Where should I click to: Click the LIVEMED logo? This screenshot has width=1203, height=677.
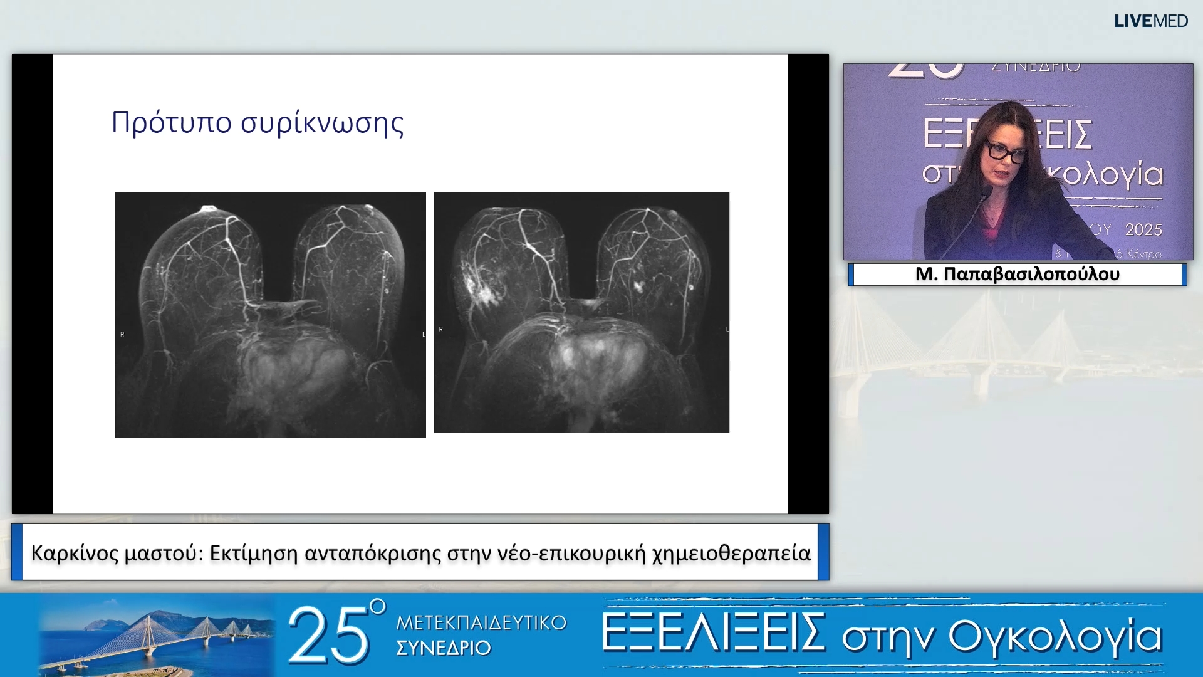click(x=1150, y=21)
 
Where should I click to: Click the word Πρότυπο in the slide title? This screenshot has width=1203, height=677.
click(x=171, y=123)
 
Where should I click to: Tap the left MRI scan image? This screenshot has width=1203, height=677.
click(x=270, y=315)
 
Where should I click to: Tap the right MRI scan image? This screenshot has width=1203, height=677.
click(x=581, y=312)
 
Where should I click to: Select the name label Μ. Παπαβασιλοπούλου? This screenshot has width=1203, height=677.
click(x=1017, y=275)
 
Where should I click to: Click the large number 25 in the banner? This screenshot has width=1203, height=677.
click(x=329, y=636)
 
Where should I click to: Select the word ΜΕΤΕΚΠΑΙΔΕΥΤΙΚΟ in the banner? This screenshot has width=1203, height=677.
click(x=481, y=623)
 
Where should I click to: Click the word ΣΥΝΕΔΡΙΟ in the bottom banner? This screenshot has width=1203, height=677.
click(x=443, y=648)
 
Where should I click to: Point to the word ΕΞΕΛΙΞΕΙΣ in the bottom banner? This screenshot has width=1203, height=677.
click(x=713, y=633)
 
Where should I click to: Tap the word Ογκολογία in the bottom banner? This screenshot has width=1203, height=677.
click(x=1055, y=637)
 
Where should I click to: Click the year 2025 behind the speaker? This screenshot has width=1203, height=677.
click(x=1143, y=230)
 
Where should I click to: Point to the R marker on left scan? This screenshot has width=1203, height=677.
click(x=122, y=335)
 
